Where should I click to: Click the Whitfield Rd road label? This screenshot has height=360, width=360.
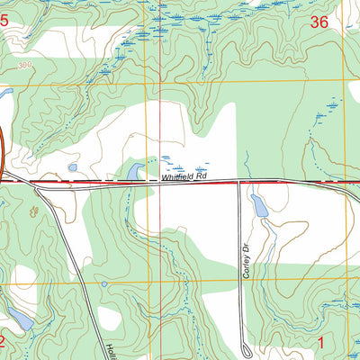[184, 178]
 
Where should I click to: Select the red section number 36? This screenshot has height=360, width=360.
[318, 24]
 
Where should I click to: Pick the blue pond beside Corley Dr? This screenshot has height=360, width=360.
[259, 206]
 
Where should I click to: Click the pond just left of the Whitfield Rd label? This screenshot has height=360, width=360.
[135, 171]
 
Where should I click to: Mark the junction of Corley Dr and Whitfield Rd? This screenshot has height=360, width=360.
[238, 182]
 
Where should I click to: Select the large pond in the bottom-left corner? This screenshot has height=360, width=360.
[20, 319]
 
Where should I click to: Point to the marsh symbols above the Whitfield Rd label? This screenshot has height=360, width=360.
[191, 168]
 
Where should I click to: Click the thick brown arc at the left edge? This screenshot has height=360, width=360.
[3, 153]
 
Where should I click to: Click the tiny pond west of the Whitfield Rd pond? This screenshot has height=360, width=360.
[73, 167]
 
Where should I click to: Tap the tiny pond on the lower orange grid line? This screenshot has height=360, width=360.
[104, 284]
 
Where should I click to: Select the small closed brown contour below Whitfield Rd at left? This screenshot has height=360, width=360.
[34, 211]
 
